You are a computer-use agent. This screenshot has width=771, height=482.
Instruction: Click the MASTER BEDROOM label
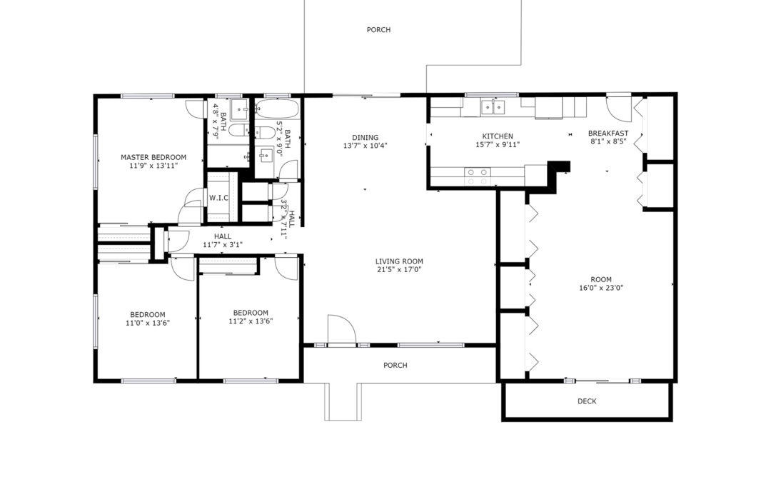(x=153, y=157)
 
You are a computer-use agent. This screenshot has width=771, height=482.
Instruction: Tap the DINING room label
(x=366, y=138)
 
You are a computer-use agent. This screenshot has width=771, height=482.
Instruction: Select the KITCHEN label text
(x=498, y=136)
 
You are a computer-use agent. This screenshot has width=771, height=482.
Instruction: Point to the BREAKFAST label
(x=608, y=134)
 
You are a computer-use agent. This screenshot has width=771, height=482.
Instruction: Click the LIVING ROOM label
(x=399, y=261)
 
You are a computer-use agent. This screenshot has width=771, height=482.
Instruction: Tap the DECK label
(x=587, y=401)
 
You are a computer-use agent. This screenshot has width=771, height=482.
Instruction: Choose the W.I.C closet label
(x=219, y=199)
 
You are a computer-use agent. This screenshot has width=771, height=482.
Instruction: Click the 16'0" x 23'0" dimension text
(x=601, y=288)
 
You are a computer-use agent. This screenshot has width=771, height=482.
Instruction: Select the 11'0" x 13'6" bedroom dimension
(x=148, y=323)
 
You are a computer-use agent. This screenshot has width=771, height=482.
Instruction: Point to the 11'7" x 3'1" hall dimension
(x=223, y=245)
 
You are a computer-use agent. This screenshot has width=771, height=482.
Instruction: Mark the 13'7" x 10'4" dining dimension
(x=366, y=146)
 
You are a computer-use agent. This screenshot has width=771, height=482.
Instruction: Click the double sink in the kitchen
(x=493, y=106)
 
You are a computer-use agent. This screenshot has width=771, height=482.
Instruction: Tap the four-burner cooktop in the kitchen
(x=478, y=176)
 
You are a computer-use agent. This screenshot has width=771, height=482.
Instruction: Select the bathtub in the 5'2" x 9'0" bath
(x=276, y=109)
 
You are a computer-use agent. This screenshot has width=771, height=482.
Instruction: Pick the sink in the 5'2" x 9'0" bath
(x=266, y=156)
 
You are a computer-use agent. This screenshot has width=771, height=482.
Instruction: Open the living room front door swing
(x=341, y=328)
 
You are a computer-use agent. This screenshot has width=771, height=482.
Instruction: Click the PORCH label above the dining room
(x=378, y=30)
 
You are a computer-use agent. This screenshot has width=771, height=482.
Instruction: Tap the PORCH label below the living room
(x=395, y=366)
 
